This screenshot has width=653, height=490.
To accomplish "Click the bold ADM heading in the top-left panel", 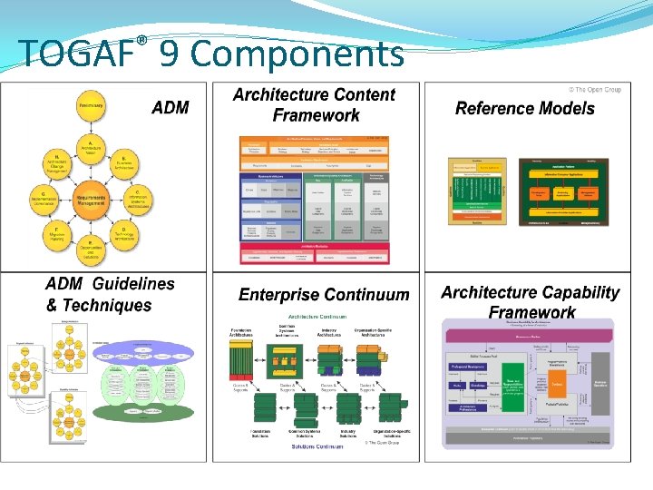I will (x=171, y=108).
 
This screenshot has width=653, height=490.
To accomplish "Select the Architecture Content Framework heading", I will (x=315, y=105).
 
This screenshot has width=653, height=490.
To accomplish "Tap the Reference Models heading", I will (x=524, y=109).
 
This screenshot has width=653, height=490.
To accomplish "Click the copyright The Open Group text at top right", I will (x=595, y=90).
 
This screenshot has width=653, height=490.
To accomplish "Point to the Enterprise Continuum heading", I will (x=324, y=295).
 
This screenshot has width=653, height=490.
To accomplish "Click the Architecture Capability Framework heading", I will (x=531, y=302).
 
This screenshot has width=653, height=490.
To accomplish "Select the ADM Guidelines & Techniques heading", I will (x=110, y=295).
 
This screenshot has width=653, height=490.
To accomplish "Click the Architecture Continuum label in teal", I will (x=317, y=317).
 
